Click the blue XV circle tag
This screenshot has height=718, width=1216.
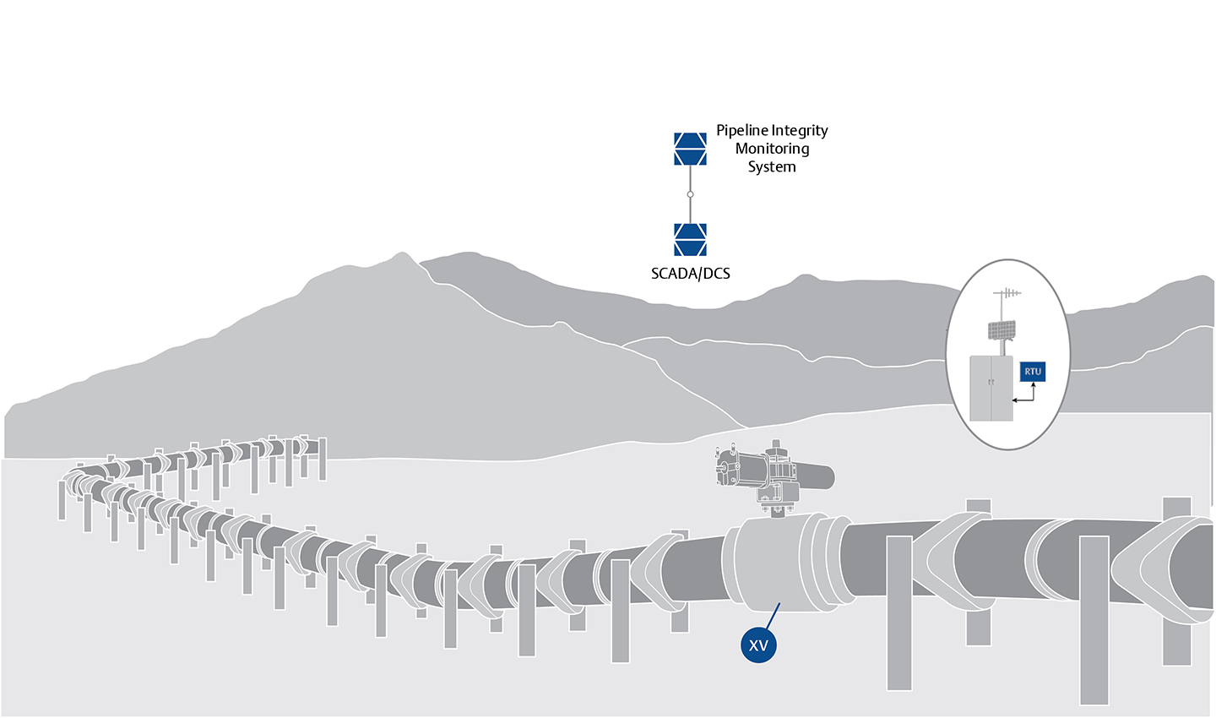point(758,645)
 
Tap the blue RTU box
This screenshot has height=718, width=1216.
point(1033,372)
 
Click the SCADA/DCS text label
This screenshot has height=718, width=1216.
point(690,274)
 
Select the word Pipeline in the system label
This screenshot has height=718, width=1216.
point(742,131)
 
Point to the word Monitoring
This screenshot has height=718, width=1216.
point(772,149)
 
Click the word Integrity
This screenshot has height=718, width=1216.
point(800,131)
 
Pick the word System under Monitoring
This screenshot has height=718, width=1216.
point(772,166)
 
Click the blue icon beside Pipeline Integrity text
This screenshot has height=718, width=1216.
point(690,149)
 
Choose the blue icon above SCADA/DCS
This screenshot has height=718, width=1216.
point(690,239)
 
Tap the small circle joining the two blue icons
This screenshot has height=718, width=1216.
point(690,194)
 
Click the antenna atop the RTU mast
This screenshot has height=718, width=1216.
point(1007,294)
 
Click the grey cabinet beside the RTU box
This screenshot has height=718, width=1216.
point(991,388)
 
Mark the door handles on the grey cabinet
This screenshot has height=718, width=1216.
point(991,383)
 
